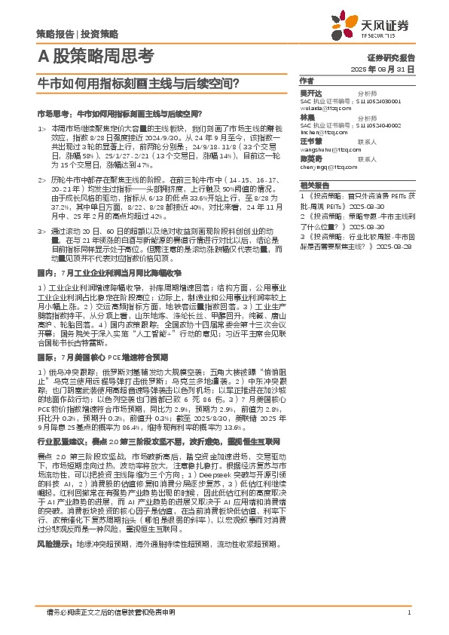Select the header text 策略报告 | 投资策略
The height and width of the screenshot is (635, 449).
[77, 34]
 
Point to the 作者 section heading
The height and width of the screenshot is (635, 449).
[307, 80]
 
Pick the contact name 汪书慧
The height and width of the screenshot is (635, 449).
[310, 141]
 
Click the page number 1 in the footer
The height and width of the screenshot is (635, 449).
[408, 612]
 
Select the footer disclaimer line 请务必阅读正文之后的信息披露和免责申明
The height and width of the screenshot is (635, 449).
[110, 612]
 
